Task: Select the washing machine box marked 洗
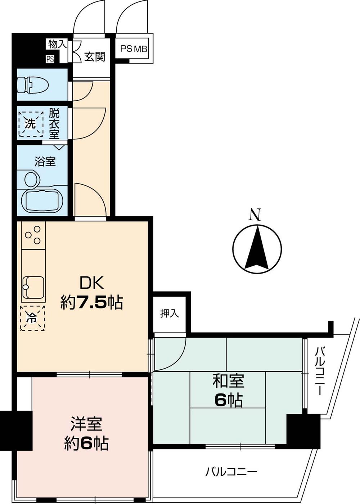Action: pos(31,124)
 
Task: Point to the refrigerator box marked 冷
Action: pos(32,318)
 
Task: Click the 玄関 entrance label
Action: pos(95,57)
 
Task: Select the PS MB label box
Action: pos(134,49)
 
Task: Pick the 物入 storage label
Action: pos(57,44)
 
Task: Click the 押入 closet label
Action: pos(170,314)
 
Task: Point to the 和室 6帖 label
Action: pos(228,390)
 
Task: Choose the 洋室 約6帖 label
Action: pos(86,433)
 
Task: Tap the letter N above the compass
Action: pos(255,215)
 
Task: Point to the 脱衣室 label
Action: pos(54,124)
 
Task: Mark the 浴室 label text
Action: pos(45,162)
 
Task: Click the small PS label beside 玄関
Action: pos(50,59)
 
